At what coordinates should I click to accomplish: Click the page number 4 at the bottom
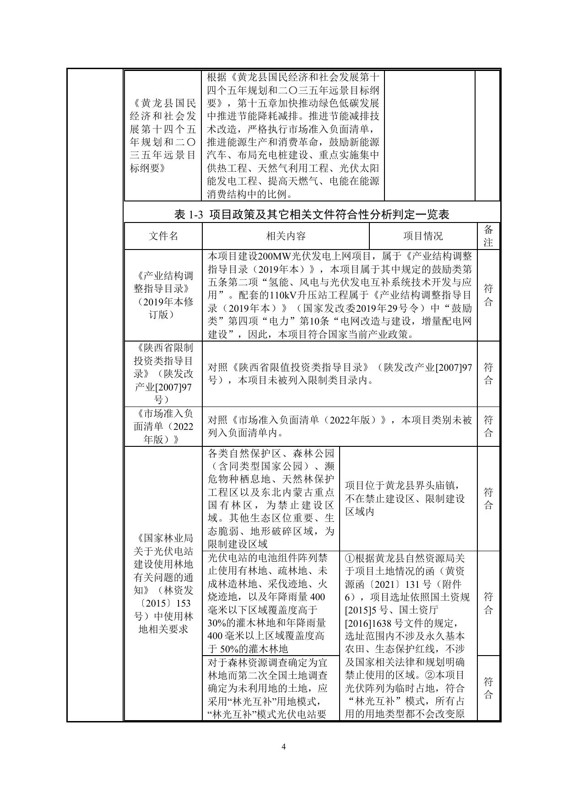(x=283, y=747)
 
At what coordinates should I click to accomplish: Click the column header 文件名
(x=163, y=236)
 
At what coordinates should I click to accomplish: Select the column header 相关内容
(x=286, y=236)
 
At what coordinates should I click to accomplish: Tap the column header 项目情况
(x=422, y=236)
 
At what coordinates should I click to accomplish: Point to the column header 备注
(x=488, y=236)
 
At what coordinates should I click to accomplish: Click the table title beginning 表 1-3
(x=312, y=214)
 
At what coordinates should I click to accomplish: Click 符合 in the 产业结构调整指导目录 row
(x=488, y=295)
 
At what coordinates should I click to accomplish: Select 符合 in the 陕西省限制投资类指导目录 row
(x=488, y=374)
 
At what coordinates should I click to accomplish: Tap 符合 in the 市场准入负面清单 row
(x=488, y=426)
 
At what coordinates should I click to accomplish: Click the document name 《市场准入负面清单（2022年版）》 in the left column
(x=163, y=427)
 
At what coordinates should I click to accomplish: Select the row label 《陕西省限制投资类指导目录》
(x=163, y=374)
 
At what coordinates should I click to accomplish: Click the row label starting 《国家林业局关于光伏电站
(x=163, y=583)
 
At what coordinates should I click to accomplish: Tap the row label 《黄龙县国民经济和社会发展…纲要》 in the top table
(x=163, y=136)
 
